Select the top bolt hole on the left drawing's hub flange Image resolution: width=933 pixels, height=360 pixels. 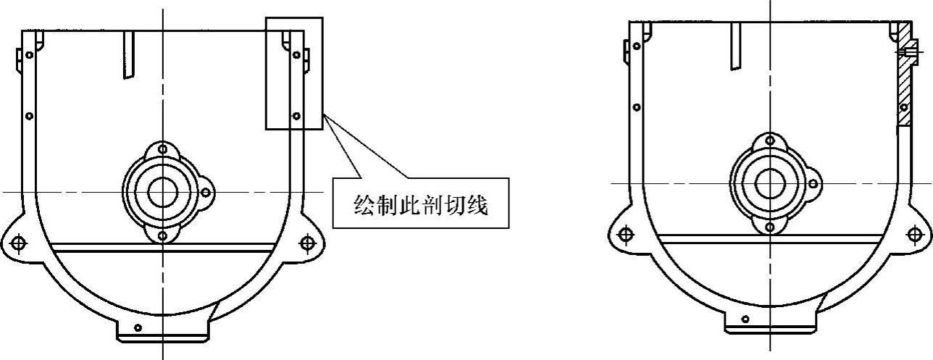tap(162, 149)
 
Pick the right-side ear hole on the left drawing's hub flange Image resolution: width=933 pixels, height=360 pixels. tap(206, 193)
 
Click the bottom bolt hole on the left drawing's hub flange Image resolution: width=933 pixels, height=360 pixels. tap(162, 236)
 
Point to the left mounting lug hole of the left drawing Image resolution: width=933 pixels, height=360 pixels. tap(18, 243)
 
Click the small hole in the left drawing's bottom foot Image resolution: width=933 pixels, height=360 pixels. tap(138, 328)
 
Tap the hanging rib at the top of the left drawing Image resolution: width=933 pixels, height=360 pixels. tap(129, 54)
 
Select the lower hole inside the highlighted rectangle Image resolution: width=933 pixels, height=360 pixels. tap(296, 115)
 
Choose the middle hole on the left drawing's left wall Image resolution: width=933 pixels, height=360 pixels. tap(29, 115)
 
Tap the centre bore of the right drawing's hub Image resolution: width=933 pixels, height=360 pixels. tap(770, 184)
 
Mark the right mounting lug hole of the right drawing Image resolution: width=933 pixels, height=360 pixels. tap(915, 234)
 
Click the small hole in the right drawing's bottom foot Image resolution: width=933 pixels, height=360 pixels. tap(745, 319)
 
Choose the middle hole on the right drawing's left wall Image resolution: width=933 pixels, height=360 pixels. tap(637, 107)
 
